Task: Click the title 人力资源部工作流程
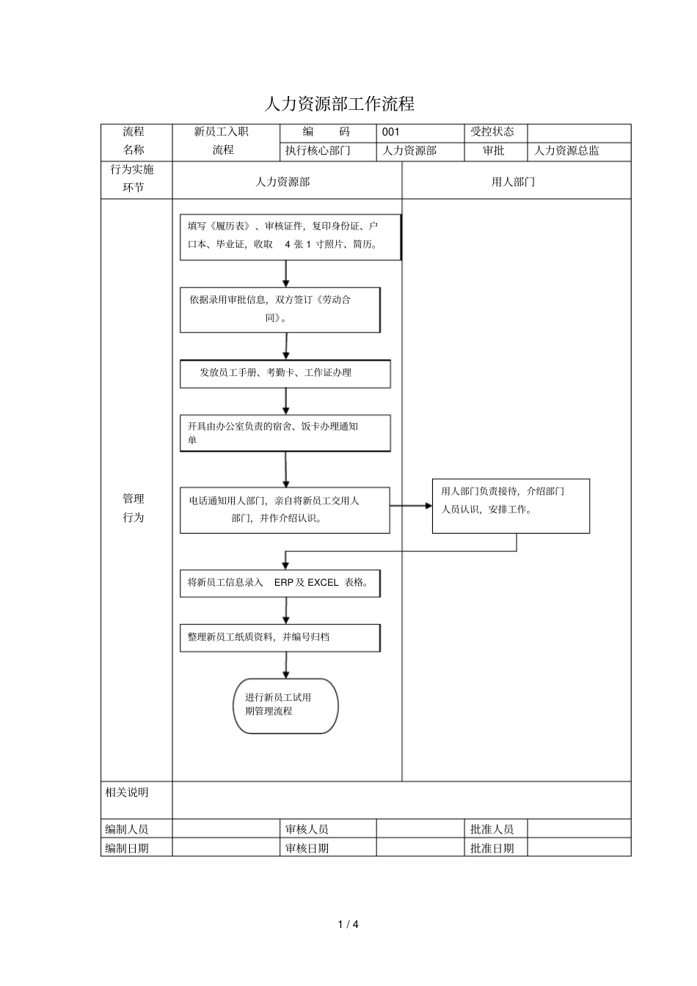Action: coord(339,104)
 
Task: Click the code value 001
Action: coord(391,132)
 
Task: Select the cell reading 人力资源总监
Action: coord(566,151)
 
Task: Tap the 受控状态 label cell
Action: coord(492,132)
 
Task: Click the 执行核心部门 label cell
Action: coord(318,151)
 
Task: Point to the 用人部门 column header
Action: coord(514,182)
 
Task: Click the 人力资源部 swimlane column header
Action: coord(282,182)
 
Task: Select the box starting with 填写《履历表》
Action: coord(291,237)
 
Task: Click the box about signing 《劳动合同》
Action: coord(280,309)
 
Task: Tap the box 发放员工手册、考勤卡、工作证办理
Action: coord(285,373)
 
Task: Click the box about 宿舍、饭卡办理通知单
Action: coord(285,433)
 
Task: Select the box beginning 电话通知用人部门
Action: coord(285,509)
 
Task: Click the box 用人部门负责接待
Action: coord(511,506)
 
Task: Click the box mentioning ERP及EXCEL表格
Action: coord(280,583)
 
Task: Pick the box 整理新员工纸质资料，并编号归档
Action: coord(280,637)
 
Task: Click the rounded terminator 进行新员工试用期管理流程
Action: coord(285,705)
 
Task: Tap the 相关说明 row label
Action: coord(128,792)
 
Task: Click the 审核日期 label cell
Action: coord(307,848)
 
